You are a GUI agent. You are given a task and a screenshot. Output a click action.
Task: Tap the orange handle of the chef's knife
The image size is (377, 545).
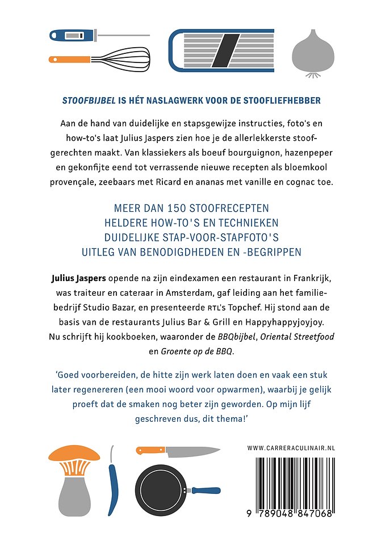(150, 450)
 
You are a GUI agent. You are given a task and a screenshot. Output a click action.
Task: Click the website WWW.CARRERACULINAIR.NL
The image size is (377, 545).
(291, 448)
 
